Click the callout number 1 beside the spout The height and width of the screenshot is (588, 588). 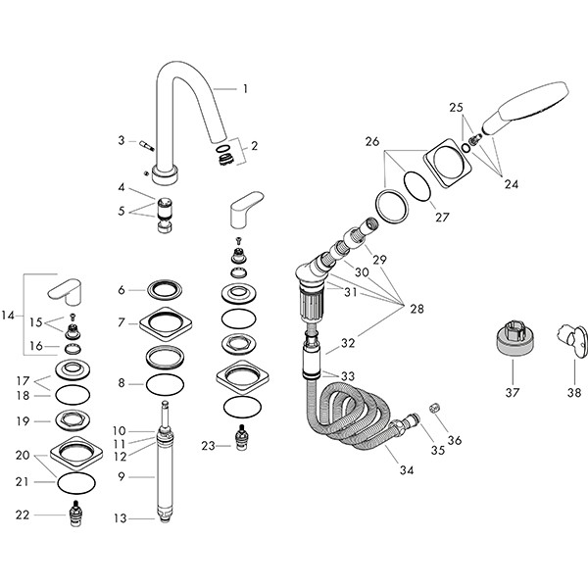(244, 88)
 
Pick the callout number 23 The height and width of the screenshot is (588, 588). (208, 446)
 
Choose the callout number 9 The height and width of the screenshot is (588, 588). (122, 477)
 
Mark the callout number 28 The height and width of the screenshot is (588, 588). (418, 309)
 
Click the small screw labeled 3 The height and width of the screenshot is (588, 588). (146, 144)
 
